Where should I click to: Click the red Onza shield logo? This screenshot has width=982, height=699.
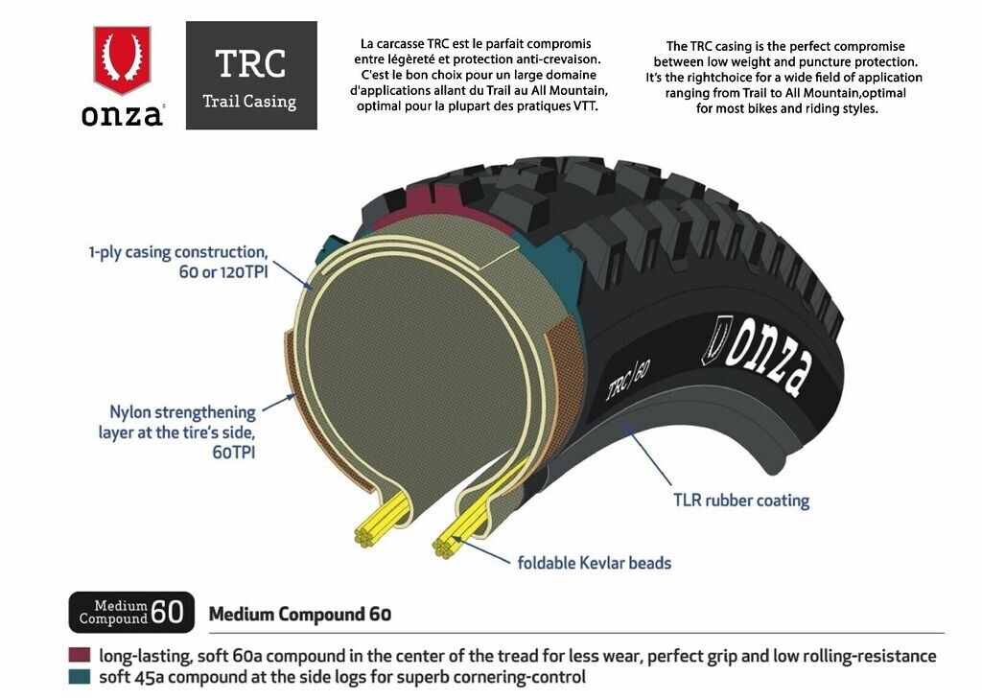point(122,59)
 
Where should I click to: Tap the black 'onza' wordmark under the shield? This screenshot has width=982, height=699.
point(122,116)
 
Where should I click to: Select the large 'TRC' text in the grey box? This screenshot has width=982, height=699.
point(250,63)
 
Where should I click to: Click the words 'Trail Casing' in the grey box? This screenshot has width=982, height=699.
point(250,101)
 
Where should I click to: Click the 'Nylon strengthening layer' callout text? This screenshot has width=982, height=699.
point(177,422)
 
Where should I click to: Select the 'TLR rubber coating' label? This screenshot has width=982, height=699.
point(740,501)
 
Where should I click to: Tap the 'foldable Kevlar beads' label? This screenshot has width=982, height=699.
point(595,563)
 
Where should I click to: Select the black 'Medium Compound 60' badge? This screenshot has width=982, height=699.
point(131,612)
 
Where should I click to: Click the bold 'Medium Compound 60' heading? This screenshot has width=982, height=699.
point(300,614)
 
